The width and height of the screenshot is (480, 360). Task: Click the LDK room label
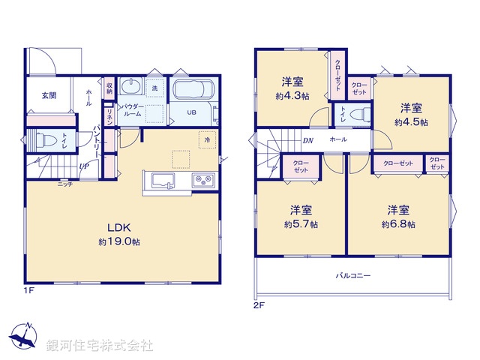pos(121,228)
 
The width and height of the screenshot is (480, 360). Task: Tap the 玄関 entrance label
pos(49,95)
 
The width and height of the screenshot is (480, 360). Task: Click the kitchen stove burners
pos(202,179)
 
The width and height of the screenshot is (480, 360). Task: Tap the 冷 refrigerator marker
pos(205,139)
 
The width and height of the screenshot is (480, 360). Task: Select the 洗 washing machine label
pos(155,88)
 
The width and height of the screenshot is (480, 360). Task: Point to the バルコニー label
pos(352,275)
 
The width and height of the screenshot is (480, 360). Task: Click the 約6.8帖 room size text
pos(397,223)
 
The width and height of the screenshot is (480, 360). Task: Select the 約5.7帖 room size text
pos(301,223)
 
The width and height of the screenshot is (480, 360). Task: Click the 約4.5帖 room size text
pos(412,121)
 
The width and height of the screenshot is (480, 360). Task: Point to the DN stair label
pos(307,140)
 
